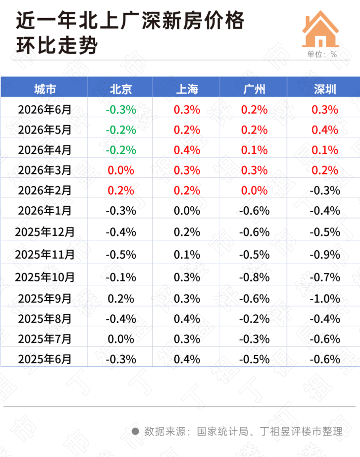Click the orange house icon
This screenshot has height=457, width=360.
[321, 29]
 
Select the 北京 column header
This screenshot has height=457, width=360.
[121, 89]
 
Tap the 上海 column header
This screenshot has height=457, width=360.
[187, 89]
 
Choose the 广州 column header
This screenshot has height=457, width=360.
[254, 89]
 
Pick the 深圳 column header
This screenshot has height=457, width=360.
[325, 89]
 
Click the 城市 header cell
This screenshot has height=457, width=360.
[45, 89]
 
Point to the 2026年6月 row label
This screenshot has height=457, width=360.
[45, 110]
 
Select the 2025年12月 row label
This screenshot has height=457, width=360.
[45, 232]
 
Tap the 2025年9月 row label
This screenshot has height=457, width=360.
[45, 299]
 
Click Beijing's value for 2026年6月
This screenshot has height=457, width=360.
[121, 110]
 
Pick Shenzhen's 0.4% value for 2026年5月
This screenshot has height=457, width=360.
[325, 130]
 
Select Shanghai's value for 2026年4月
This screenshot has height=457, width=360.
[187, 150]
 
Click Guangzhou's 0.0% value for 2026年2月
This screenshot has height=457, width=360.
[254, 191]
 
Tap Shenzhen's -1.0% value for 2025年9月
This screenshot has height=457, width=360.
[325, 299]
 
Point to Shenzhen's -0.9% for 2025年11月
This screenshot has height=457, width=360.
[325, 255]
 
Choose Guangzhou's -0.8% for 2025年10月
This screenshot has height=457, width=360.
[254, 277]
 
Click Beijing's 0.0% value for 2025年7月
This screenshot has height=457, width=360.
[121, 339]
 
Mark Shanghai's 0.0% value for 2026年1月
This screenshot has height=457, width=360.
[187, 211]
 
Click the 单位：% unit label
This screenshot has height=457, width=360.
[322, 54]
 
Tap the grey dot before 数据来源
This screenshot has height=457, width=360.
[135, 431]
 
